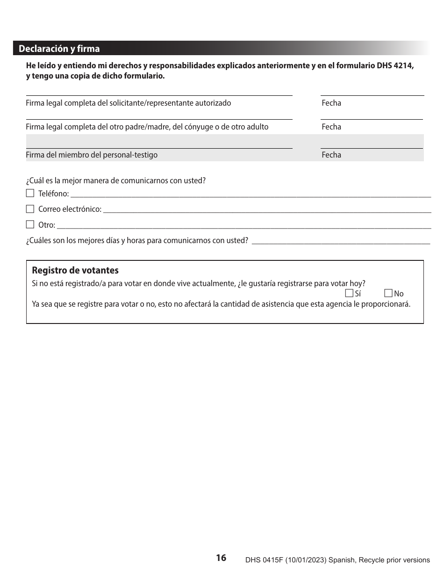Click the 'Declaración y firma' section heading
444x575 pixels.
click(59, 49)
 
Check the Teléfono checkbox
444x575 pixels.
click(30, 193)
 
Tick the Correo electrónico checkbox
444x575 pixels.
click(30, 209)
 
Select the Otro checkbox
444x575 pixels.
click(30, 224)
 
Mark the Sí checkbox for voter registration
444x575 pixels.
click(349, 293)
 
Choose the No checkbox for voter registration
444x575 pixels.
click(388, 293)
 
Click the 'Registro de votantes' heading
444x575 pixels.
click(75, 271)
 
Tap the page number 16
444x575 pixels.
click(221, 558)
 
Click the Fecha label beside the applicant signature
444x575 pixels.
click(331, 103)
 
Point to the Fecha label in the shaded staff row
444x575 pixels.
click(331, 155)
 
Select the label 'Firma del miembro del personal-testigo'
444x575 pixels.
click(92, 155)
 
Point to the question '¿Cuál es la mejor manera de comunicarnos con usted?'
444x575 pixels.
click(116, 180)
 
